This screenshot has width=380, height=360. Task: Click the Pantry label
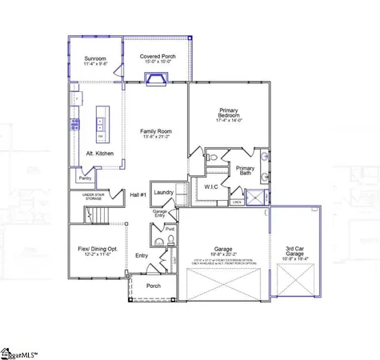coord(85,178)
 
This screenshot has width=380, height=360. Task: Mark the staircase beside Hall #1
coord(96,214)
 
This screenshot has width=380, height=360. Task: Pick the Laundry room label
coord(164,193)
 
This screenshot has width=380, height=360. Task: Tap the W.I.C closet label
coord(212,186)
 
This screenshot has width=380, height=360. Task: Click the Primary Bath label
coord(245,170)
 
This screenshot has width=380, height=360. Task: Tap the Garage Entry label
coord(160,213)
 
